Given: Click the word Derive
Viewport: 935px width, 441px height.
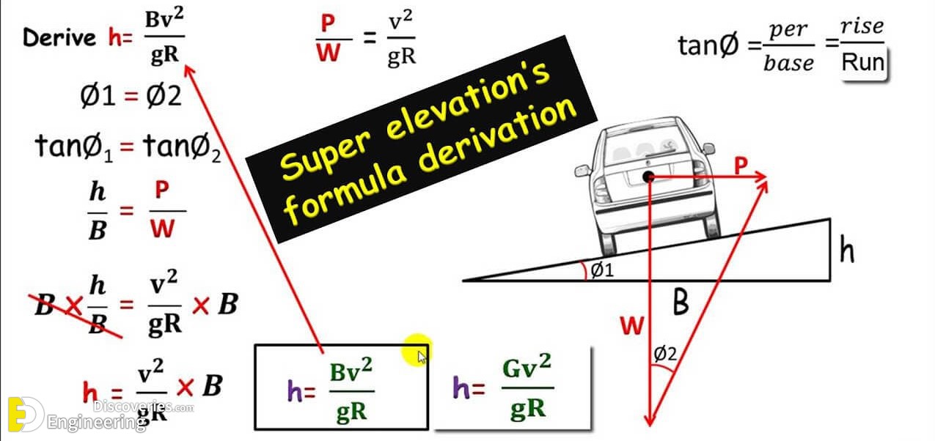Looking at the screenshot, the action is [x=59, y=37].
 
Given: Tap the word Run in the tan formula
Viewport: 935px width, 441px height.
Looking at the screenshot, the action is [x=863, y=62].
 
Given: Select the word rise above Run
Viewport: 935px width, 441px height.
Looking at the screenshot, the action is [x=862, y=26].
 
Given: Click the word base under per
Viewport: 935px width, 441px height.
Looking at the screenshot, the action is [x=788, y=63].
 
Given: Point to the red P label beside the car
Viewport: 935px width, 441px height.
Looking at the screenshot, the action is [x=741, y=166].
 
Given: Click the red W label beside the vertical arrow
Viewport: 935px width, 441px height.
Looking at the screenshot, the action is [x=631, y=325].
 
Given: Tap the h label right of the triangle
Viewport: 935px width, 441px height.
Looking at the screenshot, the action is [x=847, y=249].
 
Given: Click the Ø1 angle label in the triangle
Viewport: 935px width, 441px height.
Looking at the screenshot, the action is [x=602, y=270].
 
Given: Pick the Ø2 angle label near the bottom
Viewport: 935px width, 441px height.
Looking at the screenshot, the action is [x=665, y=354].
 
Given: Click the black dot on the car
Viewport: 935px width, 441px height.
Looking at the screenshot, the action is [x=648, y=177].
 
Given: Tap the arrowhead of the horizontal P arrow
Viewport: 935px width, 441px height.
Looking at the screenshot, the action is [x=761, y=177].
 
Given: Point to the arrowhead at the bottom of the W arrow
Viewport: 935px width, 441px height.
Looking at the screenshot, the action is [x=650, y=419].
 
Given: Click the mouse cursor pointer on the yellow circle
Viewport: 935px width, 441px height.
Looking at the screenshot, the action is [x=422, y=357].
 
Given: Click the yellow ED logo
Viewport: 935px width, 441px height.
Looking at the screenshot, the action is [x=26, y=414].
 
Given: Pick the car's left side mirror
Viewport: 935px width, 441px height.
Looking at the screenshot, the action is [x=582, y=171].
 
